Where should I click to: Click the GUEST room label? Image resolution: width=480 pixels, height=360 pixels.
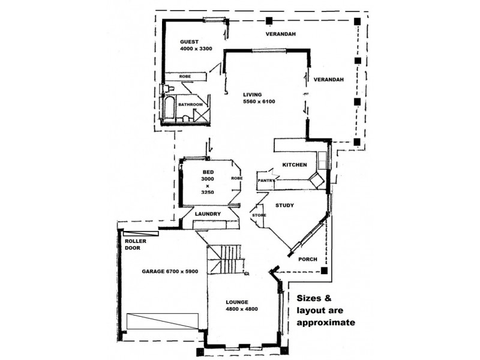coord(190,42)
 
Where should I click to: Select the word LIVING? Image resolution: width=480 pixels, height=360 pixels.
coord(253,94)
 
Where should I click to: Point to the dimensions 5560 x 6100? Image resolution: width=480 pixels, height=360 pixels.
coord(259,101)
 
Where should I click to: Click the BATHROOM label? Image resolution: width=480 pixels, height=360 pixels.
coord(190,104)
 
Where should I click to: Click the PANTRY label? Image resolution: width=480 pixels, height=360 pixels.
coord(266,180)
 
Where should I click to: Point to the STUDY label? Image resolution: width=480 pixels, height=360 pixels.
coord(284,205)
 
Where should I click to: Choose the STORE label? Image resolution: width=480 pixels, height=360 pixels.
coord(259,214)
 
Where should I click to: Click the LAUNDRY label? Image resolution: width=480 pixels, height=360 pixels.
coord(208,214)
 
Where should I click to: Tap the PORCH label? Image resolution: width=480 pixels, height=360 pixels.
coord(307,259)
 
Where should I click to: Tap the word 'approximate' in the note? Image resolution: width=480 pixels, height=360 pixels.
coord(326,322)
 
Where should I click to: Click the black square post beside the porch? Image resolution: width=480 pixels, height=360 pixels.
coord(324,271)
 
